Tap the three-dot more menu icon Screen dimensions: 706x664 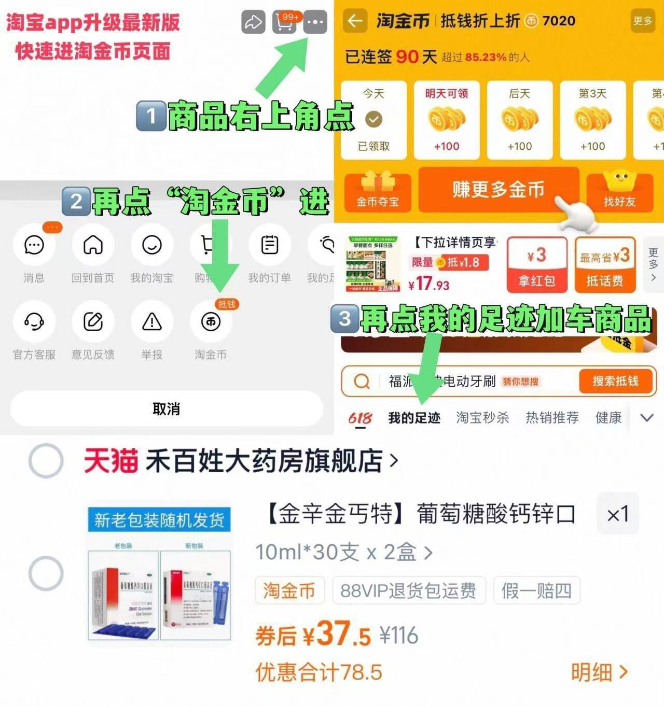315,22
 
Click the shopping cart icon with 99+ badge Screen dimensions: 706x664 284,22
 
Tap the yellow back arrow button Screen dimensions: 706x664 355,21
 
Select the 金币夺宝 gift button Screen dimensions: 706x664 377,191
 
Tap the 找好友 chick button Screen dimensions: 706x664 619,191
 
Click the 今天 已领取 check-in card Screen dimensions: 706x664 374,120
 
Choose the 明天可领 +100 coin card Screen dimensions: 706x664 447,120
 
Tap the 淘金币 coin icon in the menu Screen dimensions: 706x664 211,322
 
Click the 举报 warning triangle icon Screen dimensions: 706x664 152,322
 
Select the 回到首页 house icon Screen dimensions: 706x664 93,245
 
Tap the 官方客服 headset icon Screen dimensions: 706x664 34,322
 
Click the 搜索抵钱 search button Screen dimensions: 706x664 615,382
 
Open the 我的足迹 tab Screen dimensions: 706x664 414,418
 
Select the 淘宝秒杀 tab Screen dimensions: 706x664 482,418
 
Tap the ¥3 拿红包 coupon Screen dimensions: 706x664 537,265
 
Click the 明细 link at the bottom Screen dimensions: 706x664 599,672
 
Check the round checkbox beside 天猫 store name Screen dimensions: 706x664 46,460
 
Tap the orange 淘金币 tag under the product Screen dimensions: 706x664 289,590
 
